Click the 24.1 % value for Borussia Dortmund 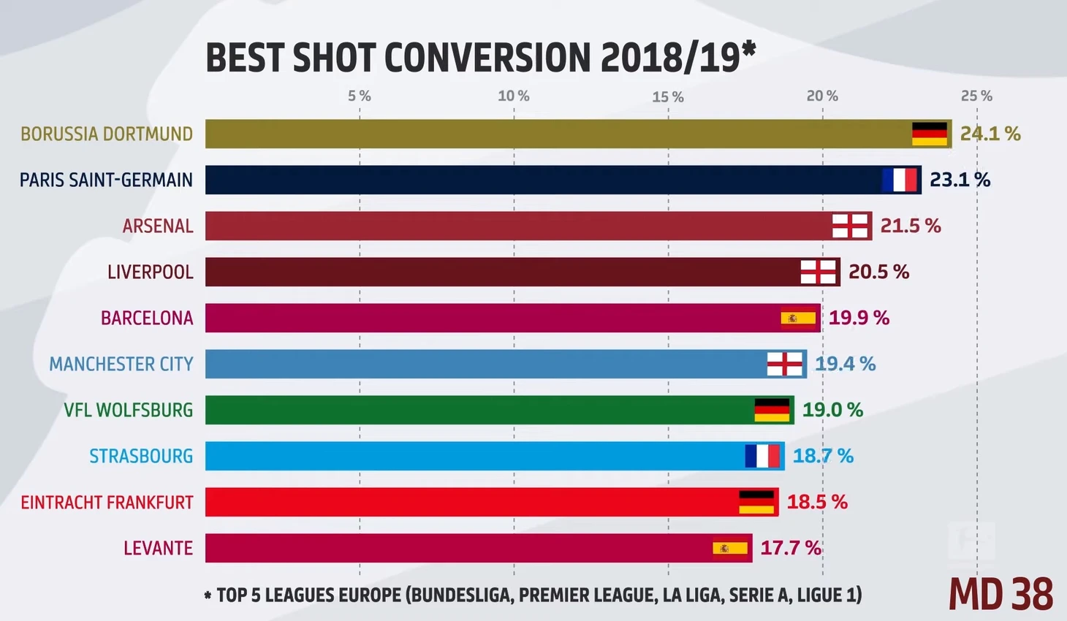tap(990, 134)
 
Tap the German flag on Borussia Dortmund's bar tap(929, 134)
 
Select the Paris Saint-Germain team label tap(106, 180)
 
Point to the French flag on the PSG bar tap(899, 180)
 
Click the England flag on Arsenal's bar tap(851, 226)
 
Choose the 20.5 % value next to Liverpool tap(878, 272)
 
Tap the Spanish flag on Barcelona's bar tap(798, 318)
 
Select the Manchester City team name tap(121, 364)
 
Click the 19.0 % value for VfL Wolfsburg tap(832, 410)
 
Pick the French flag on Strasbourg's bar tap(762, 456)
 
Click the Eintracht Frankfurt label tap(107, 503)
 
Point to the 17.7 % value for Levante tap(791, 548)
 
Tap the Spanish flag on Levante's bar tap(730, 548)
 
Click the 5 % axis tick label tap(359, 96)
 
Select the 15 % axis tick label tap(668, 96)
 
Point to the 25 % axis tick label tap(976, 96)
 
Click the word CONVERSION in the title tap(487, 58)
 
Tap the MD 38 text tap(1000, 594)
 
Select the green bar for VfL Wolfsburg tap(475, 410)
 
